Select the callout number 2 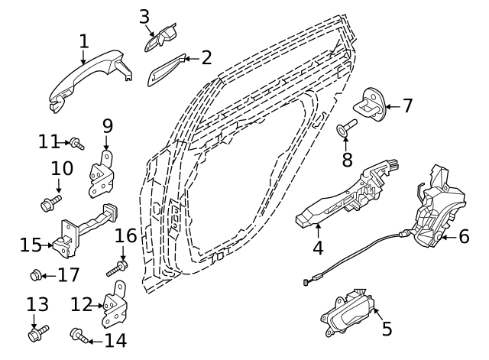click(206, 58)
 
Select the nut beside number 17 click(36, 274)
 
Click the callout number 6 click(464, 236)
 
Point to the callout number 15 click(31, 245)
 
